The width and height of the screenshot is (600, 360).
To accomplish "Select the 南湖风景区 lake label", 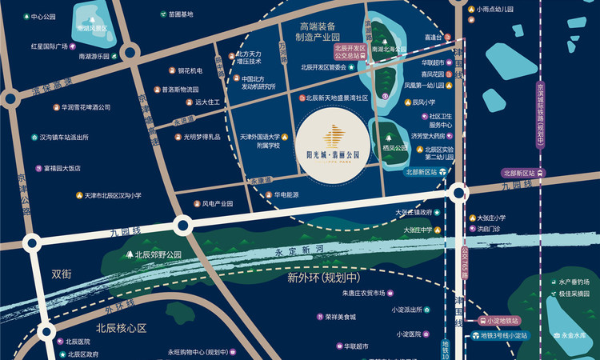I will pyautogui.click(x=93, y=28).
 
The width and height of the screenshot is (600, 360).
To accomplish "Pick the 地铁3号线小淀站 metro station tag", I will pyautogui.click(x=502, y=335).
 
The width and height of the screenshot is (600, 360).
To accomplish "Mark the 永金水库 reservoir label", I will pyautogui.click(x=578, y=336).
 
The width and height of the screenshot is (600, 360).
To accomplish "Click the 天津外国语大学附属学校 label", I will pyautogui.click(x=259, y=142).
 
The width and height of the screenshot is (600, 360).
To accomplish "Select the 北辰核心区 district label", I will pyautogui.click(x=122, y=328).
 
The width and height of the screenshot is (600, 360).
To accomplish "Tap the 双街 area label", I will pyautogui.click(x=62, y=274).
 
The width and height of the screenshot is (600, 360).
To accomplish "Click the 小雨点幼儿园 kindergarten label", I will pyautogui.click(x=493, y=10).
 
